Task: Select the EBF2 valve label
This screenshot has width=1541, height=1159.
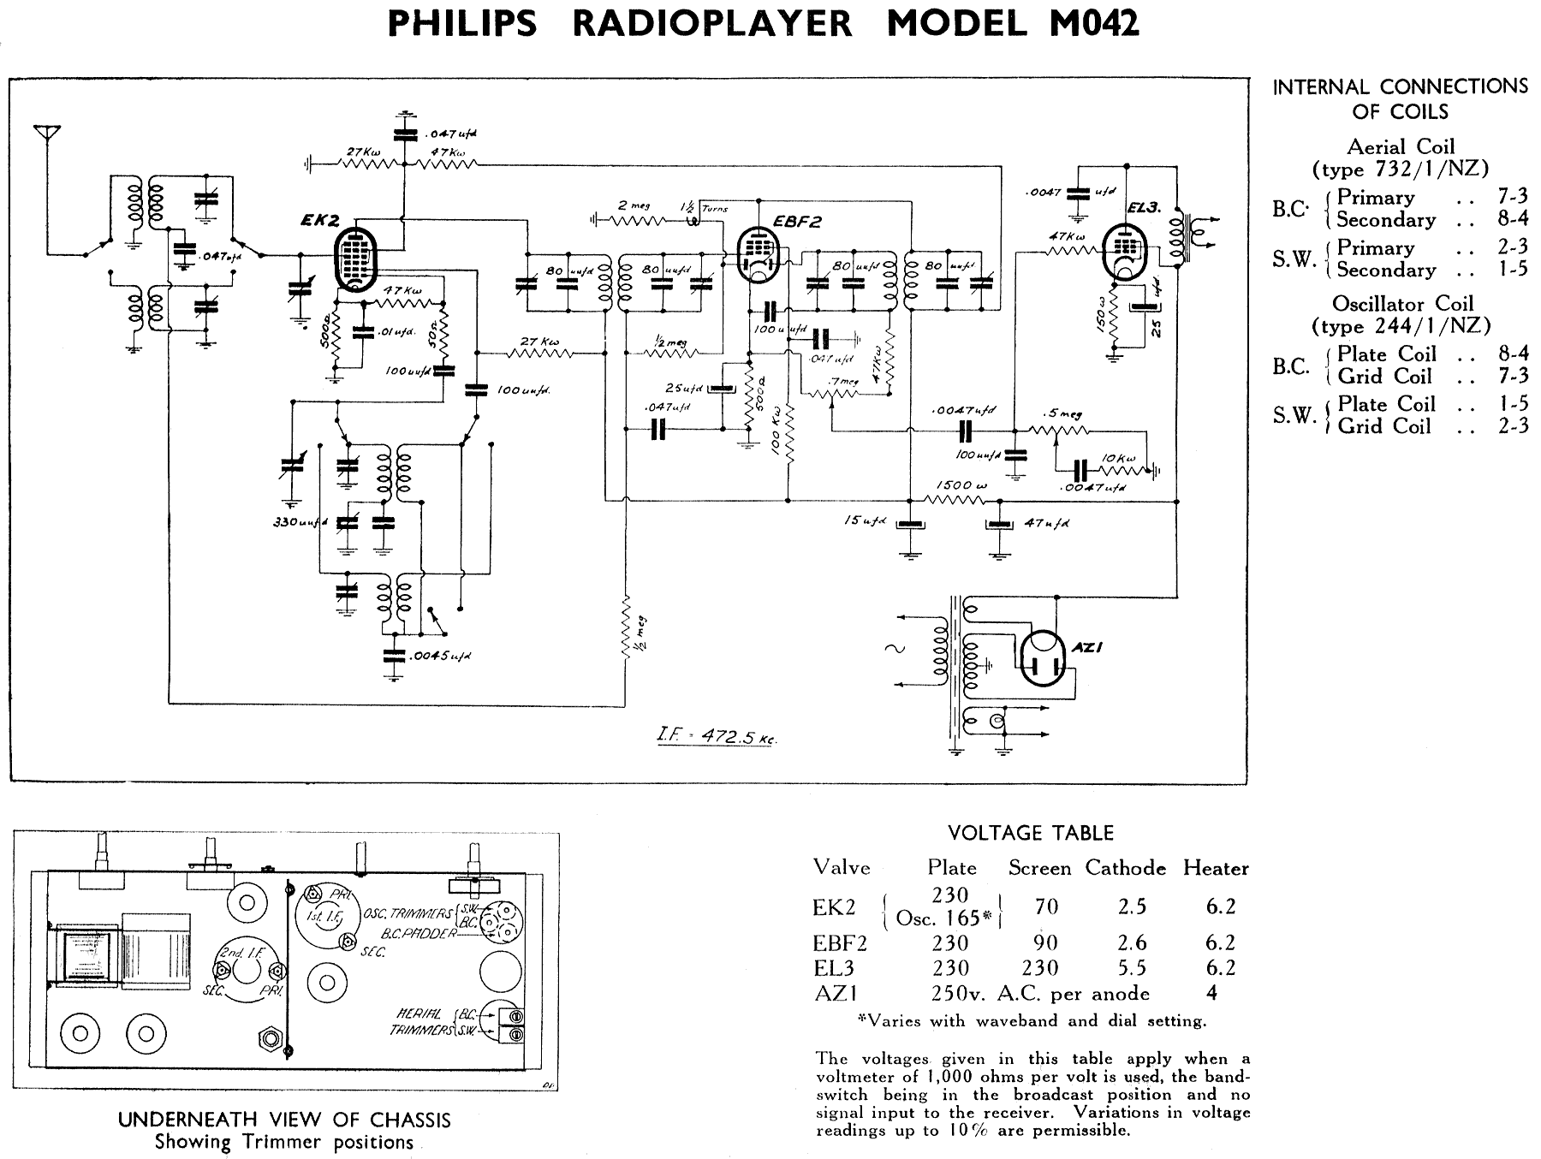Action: (x=798, y=221)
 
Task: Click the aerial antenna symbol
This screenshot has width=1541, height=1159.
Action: (x=47, y=134)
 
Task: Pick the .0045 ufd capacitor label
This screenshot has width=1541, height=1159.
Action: (x=440, y=656)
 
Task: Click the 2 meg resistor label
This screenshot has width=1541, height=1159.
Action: (x=634, y=205)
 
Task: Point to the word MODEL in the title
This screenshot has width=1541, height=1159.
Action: (x=956, y=24)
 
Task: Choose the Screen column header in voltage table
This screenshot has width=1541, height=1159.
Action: (x=1039, y=868)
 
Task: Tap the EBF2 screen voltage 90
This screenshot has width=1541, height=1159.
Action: (x=1045, y=942)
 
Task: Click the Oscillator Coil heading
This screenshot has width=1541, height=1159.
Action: (x=1402, y=304)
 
